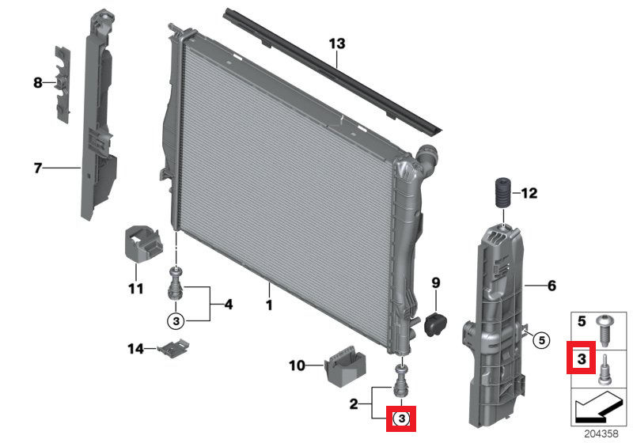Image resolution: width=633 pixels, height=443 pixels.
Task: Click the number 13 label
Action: [337, 44]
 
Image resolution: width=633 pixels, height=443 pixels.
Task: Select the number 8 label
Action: [37, 83]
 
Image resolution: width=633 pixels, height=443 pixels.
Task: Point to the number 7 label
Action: [37, 168]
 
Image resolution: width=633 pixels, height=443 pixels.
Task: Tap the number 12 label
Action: [529, 193]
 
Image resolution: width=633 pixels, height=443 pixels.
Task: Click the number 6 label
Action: [552, 286]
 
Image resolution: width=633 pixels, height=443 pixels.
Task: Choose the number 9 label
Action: [436, 283]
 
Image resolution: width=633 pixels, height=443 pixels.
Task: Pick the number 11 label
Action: [135, 289]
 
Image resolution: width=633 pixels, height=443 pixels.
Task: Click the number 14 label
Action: [135, 348]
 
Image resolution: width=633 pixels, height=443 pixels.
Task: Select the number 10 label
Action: [298, 365]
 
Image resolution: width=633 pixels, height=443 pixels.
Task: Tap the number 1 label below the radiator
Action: [269, 305]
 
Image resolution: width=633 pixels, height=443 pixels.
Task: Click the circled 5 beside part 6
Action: [541, 340]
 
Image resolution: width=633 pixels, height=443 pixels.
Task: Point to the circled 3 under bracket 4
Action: [176, 321]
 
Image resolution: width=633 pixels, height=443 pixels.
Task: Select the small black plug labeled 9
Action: [435, 324]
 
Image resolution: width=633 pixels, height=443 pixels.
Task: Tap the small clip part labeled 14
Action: [173, 348]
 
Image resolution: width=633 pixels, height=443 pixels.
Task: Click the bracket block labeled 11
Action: [142, 244]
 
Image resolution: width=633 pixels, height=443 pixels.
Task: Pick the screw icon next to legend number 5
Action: [605, 331]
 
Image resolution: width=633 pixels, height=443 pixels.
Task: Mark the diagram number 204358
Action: [601, 434]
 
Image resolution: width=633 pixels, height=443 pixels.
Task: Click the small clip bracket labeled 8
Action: [63, 85]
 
